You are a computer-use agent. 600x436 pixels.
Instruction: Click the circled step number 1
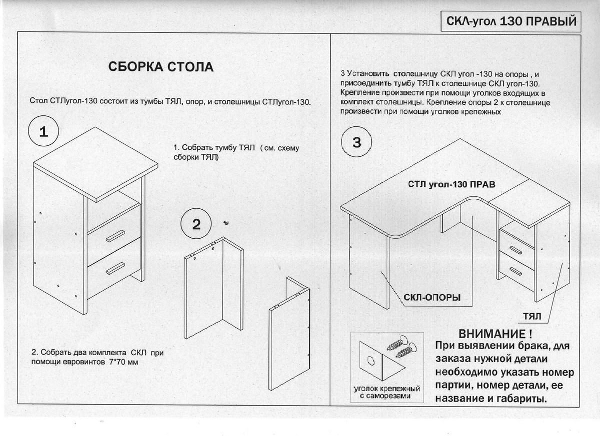coord(43,131)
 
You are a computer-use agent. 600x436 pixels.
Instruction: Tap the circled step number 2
coord(196,224)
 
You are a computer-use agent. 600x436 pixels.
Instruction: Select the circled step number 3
coord(356,142)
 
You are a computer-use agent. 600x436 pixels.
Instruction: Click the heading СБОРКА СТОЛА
coord(160,66)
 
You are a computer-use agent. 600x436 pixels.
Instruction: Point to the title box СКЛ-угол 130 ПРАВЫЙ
coord(511,21)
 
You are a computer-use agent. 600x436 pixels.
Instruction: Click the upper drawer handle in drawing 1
coord(115,236)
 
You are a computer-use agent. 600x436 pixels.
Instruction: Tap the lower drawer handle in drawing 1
coord(115,268)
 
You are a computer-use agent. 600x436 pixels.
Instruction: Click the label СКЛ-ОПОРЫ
coord(432,298)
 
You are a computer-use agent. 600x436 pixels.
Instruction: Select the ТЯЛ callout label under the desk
coord(532,317)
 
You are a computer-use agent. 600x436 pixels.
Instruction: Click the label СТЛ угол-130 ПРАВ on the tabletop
coord(451,184)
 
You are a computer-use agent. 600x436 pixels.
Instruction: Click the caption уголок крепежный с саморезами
coord(386,392)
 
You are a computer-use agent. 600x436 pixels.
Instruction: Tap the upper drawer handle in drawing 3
coord(515,250)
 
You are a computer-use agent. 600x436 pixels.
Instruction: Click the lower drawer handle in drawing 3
coord(515,271)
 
